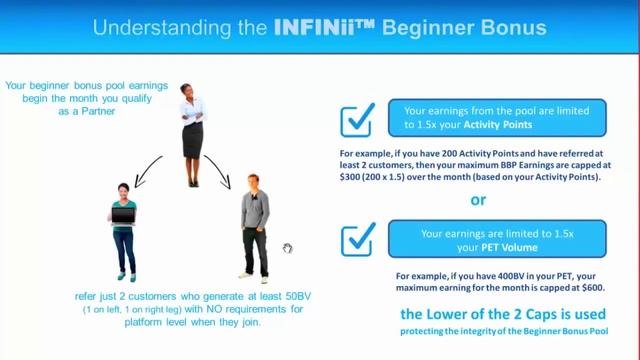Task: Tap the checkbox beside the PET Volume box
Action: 358,241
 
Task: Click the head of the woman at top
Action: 188,92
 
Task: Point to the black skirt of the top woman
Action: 192,141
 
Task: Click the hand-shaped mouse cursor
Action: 287,248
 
